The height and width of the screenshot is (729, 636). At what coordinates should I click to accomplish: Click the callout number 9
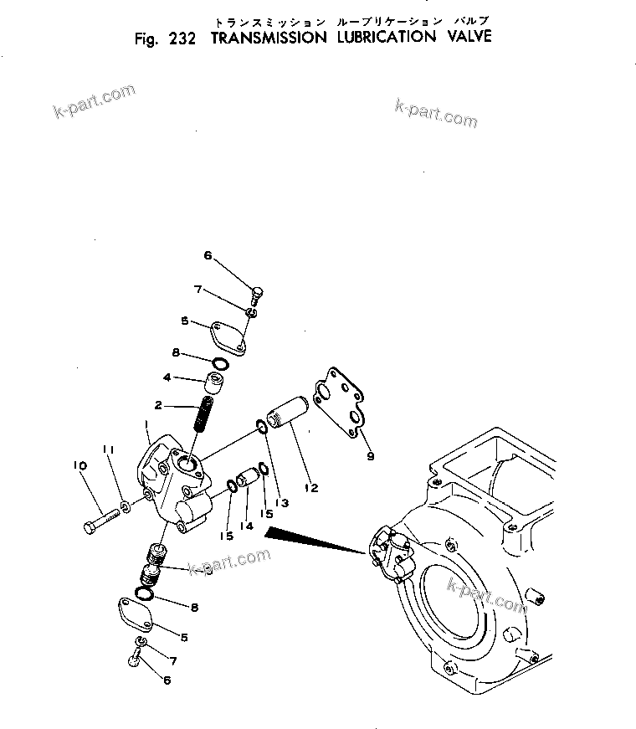tap(370, 456)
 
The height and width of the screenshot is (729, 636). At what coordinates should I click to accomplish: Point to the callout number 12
tap(310, 488)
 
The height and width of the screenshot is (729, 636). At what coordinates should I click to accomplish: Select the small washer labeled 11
tap(125, 506)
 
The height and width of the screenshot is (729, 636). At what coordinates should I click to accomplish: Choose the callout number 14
tap(246, 526)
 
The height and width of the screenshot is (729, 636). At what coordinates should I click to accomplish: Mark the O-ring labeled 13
tap(262, 429)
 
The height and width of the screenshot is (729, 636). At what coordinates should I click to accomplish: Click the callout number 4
tap(167, 377)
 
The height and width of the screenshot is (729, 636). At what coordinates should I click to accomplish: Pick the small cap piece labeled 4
tap(213, 382)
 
